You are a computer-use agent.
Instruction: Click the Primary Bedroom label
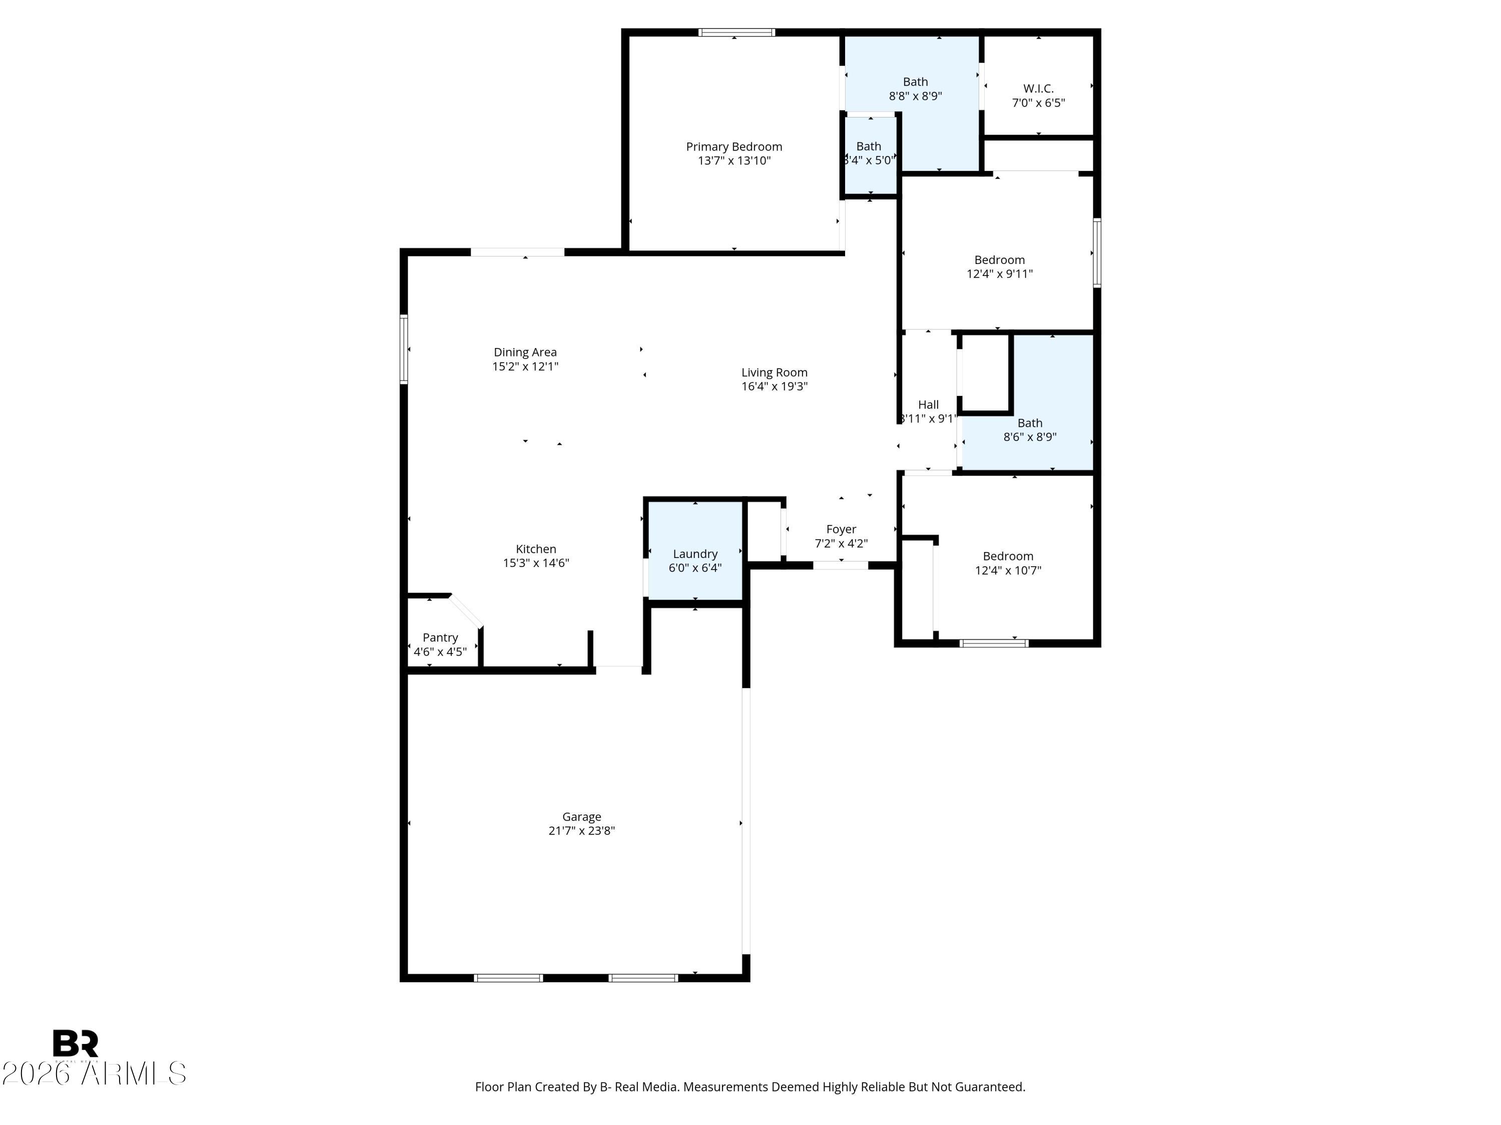[x=733, y=146]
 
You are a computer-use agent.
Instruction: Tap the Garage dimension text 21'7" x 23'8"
[x=581, y=830]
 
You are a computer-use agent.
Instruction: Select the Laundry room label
[x=695, y=554]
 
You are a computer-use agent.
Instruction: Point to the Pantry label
[x=440, y=637]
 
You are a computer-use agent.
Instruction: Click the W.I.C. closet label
[x=1038, y=89]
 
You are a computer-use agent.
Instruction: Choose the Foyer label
[x=841, y=529]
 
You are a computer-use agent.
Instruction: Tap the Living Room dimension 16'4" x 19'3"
[x=774, y=386]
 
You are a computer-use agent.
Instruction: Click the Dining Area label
[x=525, y=352]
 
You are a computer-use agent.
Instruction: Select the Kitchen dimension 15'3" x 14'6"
[x=536, y=563]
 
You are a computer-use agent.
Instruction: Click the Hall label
[x=928, y=405]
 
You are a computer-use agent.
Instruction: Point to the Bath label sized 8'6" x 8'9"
[x=1029, y=423]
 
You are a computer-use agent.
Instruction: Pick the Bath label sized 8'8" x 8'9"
[x=915, y=82]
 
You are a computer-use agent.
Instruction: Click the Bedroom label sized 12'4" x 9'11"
[x=999, y=259]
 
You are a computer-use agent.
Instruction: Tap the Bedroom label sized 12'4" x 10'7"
[x=1008, y=556]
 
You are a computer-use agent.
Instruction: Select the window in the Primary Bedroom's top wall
[x=736, y=32]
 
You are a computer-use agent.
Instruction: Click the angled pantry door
[x=465, y=611]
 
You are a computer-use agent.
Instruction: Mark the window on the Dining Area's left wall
[x=404, y=349]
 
